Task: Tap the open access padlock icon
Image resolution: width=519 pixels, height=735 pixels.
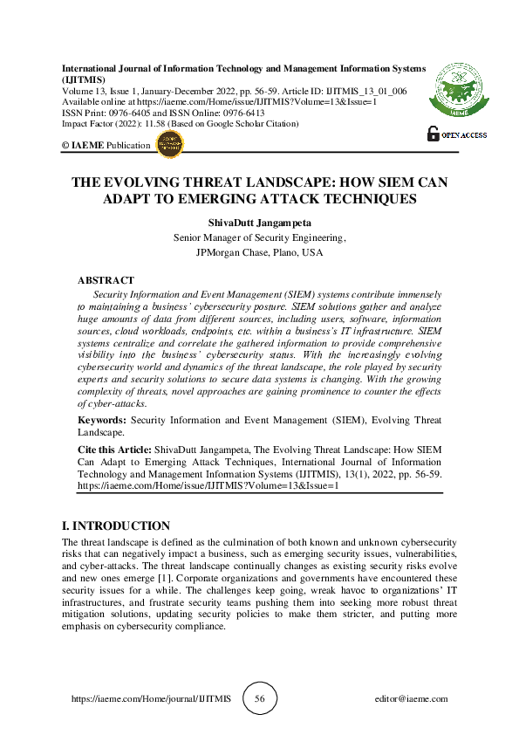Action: [434, 134]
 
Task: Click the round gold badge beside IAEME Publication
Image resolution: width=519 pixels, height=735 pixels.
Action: [168, 144]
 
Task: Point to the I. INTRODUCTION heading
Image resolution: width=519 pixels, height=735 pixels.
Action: [116, 525]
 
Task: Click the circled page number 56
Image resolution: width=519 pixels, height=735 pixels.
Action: [259, 698]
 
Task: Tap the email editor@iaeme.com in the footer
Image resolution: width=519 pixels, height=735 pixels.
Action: [410, 699]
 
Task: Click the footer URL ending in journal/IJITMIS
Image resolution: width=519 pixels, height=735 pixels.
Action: [150, 699]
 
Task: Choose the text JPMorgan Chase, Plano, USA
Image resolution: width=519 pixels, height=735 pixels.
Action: [260, 252]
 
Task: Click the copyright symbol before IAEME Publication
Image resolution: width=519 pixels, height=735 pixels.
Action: [66, 146]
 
